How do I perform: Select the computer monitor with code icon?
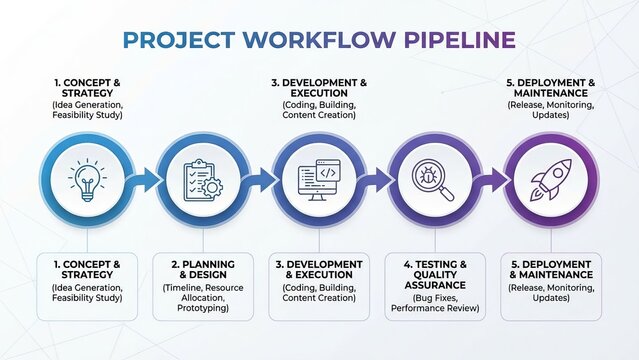pyautogui.click(x=319, y=179)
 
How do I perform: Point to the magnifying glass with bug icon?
pyautogui.click(x=434, y=179)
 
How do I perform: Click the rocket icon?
pyautogui.click(x=550, y=179)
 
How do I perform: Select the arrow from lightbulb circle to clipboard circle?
pyautogui.click(x=145, y=180)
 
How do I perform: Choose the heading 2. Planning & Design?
pyautogui.click(x=203, y=271)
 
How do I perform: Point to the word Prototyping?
pyautogui.click(x=203, y=309)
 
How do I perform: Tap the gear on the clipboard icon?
pyautogui.click(x=213, y=188)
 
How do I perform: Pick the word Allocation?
pyautogui.click(x=187, y=299)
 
